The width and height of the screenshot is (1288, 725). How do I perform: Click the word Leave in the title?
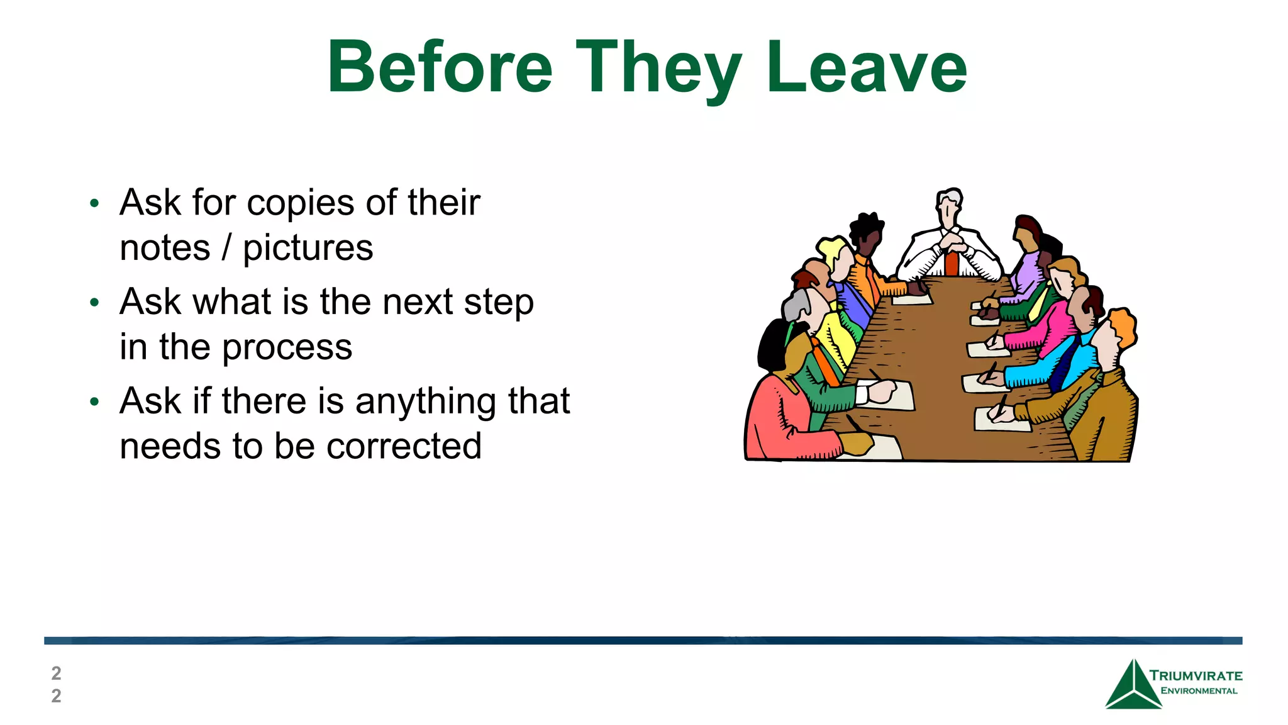(866, 67)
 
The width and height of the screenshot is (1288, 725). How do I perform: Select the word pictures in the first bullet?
(308, 248)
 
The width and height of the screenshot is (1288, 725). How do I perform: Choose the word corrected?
(404, 446)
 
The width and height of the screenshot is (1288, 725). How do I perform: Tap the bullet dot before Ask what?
(94, 303)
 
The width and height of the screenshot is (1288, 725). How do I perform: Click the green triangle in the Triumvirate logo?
(1133, 688)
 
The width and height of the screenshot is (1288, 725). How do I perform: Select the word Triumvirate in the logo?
(1196, 676)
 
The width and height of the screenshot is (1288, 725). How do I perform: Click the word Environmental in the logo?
(1199, 691)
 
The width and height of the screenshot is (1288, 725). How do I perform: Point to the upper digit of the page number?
(56, 673)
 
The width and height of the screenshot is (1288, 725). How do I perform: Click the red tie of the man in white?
(952, 264)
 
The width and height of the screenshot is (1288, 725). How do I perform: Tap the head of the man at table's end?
(948, 204)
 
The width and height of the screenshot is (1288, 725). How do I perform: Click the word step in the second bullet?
(499, 303)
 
